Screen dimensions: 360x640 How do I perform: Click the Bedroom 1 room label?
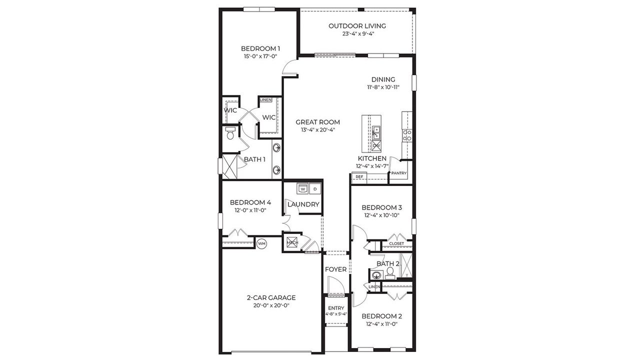click(260, 48)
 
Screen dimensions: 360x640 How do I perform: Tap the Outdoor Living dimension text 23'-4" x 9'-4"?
click(357, 34)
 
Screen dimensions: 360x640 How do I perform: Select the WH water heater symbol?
click(261, 243)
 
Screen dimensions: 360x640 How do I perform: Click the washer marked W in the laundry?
click(302, 189)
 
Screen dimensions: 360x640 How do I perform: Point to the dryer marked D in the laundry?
click(315, 189)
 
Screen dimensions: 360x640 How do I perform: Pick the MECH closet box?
click(292, 243)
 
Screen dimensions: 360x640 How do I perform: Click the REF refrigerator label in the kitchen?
click(359, 176)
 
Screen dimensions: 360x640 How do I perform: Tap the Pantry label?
click(399, 173)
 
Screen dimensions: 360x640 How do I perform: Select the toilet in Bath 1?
click(230, 133)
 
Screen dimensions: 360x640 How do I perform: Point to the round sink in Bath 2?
click(376, 274)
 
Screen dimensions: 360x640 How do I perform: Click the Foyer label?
click(336, 269)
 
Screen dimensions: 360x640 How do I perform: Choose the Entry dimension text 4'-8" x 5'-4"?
click(336, 314)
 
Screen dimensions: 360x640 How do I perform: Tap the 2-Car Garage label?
click(271, 297)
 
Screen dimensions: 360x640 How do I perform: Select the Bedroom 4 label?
click(250, 202)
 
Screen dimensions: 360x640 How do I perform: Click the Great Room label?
click(317, 122)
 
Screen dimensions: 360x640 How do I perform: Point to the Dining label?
click(383, 79)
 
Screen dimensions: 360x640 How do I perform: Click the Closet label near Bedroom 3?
click(396, 243)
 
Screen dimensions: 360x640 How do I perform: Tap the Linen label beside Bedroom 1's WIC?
click(265, 100)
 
